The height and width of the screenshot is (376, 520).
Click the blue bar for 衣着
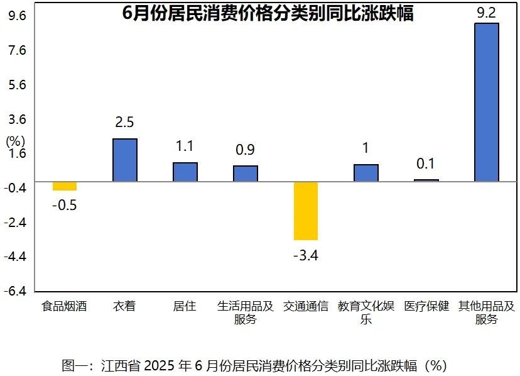[124, 160]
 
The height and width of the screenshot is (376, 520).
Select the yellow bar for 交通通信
[306, 211]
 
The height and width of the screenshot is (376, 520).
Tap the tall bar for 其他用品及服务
[487, 102]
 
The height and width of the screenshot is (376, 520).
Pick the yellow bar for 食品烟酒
[64, 186]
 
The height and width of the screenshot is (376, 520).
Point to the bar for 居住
[185, 172]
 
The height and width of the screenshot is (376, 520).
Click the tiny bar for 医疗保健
[426, 180]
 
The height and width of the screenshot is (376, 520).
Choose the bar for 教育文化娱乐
[366, 173]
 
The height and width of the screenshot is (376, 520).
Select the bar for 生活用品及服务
[246, 174]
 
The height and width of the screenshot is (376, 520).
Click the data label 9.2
[487, 13]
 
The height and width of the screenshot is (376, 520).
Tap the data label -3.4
[306, 256]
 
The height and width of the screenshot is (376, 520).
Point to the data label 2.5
[124, 122]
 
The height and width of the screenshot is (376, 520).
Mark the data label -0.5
[64, 206]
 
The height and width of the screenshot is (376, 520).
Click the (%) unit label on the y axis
[15, 141]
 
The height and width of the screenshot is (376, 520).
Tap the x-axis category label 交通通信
[306, 307]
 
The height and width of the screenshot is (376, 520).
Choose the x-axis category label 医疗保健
[426, 307]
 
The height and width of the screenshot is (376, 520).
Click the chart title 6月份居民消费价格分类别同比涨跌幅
[268, 13]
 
